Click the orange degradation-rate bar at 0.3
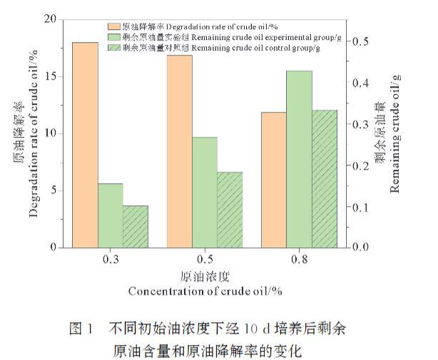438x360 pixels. point(85,145)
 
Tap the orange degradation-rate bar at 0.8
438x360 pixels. point(273,180)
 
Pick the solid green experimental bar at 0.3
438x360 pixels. point(110,215)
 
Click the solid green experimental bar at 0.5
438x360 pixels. point(204,192)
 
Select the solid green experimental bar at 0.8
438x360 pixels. point(298,159)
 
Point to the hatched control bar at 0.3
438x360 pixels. point(135,226)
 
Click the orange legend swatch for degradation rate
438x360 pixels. point(115,26)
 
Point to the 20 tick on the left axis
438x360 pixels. point(49,20)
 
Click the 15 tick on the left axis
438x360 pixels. point(49,77)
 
